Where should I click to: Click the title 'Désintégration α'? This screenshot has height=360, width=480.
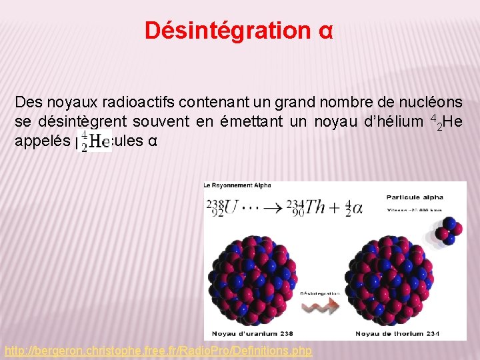[x=239, y=31]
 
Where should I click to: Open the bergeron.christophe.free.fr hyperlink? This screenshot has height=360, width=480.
[x=159, y=351]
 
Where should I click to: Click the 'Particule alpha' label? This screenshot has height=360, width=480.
[x=414, y=197]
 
